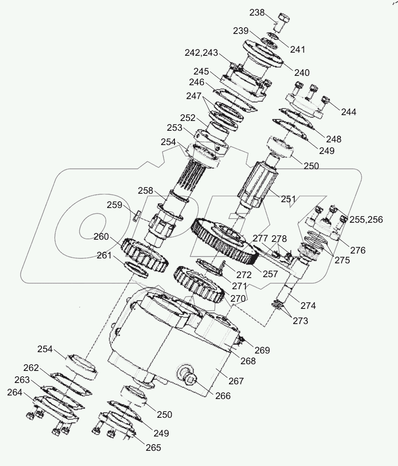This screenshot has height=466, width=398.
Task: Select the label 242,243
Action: pos(201,53)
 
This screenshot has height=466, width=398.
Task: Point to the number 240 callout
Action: pos(301,72)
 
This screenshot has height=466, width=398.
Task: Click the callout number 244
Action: pos(348,112)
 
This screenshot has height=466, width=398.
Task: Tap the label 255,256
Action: pos(366,220)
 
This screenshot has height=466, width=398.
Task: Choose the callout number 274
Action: pos(307,306)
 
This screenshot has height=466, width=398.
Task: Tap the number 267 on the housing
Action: pos(236,381)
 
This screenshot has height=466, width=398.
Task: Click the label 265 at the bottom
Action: pos(152,448)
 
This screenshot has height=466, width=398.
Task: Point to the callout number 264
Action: pos(16,392)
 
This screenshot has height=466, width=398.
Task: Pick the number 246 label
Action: pos(196,82)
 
